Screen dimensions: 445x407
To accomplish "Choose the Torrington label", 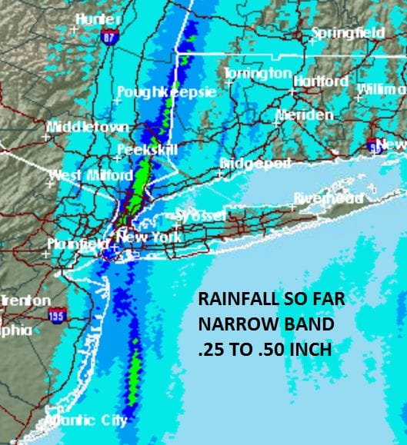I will pos(258,73).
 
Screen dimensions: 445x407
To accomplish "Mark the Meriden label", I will pos(305,115).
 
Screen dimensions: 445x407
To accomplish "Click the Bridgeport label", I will pos(255,164).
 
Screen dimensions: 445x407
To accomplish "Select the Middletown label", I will pos(78,127).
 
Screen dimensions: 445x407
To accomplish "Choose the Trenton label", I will pos(27,301).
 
